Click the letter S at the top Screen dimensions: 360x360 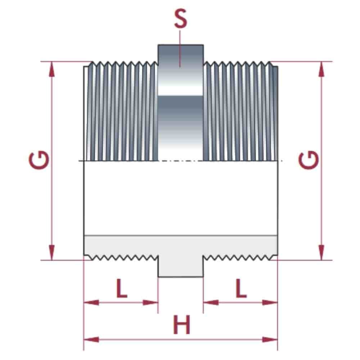pyautogui.click(x=180, y=20)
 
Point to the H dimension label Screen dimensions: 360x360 pyautogui.click(x=181, y=325)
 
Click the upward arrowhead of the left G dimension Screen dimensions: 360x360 pyautogui.click(x=52, y=68)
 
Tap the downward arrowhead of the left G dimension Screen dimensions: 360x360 pyautogui.click(x=52, y=252)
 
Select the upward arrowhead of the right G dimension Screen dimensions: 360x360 pyautogui.click(x=321, y=68)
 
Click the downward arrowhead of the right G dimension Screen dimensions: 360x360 pyautogui.click(x=321, y=252)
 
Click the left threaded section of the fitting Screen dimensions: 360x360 pyautogui.click(x=121, y=112)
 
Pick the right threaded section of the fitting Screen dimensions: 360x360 pyautogui.click(x=240, y=112)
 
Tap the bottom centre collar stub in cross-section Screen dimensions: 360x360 pyautogui.click(x=180, y=266)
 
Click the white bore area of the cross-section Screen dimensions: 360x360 pyautogui.click(x=180, y=198)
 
